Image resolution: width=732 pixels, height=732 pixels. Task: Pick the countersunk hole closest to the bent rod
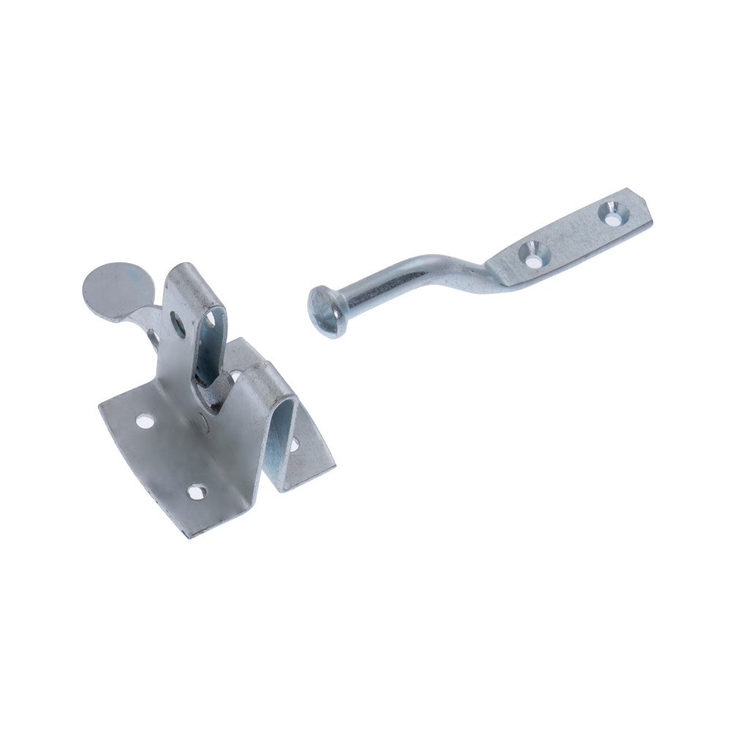coord(534,253)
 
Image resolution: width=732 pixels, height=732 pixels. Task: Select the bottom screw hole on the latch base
coord(196,491)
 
